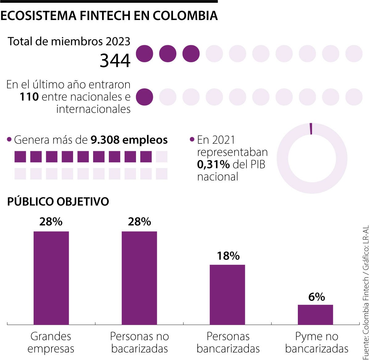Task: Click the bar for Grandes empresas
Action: point(51,278)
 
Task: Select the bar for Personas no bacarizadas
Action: point(139,278)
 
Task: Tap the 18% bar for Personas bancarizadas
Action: point(228,294)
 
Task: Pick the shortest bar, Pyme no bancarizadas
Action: point(315,314)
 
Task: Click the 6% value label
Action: point(316,297)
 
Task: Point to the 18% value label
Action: point(228,256)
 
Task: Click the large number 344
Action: point(115,61)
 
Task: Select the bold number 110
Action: point(29,97)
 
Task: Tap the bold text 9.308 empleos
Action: point(129,140)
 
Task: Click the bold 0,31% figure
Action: point(213,164)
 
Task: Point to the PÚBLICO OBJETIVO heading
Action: point(58,202)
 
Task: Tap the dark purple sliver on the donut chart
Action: point(311,129)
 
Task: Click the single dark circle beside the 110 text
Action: point(144,97)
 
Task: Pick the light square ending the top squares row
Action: point(162,157)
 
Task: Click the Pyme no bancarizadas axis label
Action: point(317,342)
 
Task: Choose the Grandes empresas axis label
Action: point(51,342)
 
